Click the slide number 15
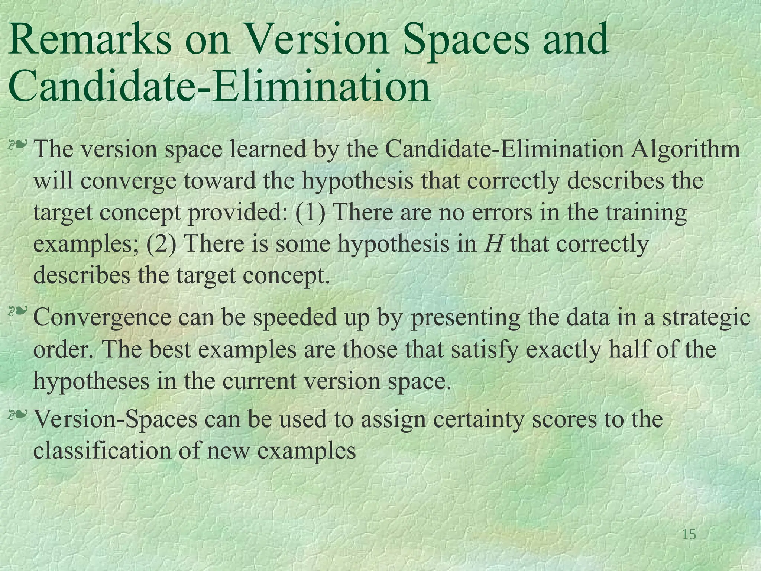(689, 535)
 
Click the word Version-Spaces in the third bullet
(115, 419)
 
